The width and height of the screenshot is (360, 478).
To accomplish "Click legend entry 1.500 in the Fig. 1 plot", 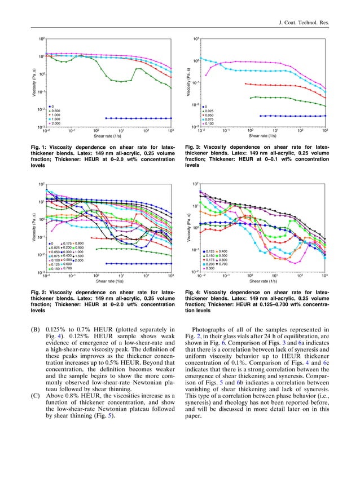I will click(56, 119).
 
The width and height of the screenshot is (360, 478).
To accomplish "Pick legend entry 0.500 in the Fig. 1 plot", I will click(56, 110).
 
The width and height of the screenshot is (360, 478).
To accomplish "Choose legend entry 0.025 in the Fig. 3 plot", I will click(210, 110).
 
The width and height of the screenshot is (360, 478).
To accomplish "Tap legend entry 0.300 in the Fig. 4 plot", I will click(210, 268).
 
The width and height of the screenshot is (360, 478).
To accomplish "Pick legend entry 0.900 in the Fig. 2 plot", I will click(80, 247).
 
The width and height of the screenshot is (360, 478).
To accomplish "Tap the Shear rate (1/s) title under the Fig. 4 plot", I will click(262, 281).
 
